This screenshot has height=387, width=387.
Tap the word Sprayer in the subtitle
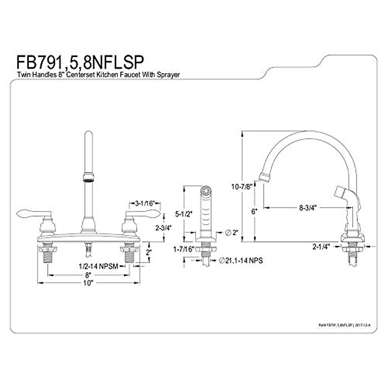click(x=168, y=74)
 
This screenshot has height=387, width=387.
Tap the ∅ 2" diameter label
click(x=232, y=232)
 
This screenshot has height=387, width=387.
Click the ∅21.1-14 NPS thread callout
click(x=241, y=261)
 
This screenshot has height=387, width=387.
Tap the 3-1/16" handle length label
click(x=145, y=203)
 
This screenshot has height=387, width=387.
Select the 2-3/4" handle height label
click(x=163, y=227)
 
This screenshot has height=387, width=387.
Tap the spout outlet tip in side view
click(x=264, y=177)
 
